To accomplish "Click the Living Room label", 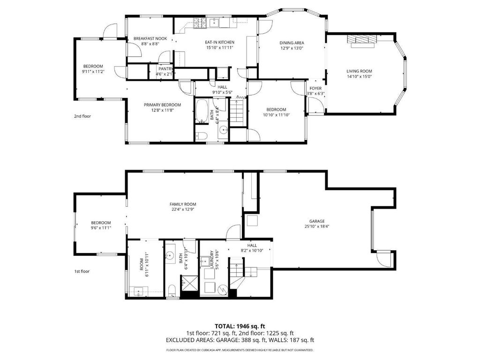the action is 360,71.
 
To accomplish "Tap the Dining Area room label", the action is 292,43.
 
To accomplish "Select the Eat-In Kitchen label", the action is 219,42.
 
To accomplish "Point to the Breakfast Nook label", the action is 150,38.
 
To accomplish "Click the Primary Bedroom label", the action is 162,105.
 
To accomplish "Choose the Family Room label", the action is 183,204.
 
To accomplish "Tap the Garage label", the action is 317,221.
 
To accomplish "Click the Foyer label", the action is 315,89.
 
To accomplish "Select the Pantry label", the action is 165,69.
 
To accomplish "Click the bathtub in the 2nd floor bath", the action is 202,111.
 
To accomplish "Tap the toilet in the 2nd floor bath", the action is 202,135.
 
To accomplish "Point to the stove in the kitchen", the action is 200,23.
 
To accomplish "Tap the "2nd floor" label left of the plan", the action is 82,116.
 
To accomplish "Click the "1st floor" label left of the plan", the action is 82,271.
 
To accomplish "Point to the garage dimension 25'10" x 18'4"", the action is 317,226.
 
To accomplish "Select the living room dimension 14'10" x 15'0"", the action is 360,76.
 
